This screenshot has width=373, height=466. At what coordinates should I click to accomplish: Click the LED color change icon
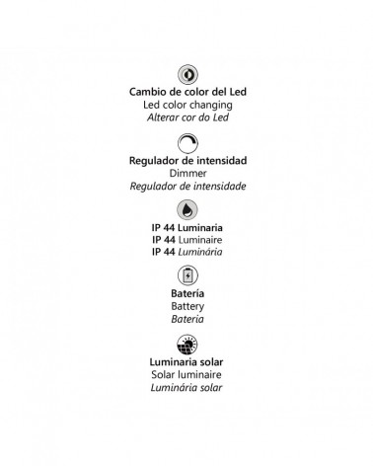click(x=186, y=75)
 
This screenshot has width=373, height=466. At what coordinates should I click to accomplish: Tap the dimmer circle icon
click(x=186, y=142)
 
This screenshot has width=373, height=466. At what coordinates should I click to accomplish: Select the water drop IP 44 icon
click(x=186, y=209)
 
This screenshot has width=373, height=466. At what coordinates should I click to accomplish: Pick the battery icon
click(x=186, y=275)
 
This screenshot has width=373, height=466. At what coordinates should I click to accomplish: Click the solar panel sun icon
click(x=186, y=344)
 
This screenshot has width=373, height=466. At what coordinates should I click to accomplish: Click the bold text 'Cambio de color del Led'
click(x=186, y=92)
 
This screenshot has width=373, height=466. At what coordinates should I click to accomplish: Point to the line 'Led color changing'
click(x=186, y=105)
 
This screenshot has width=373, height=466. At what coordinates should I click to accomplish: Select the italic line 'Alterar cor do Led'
click(x=186, y=117)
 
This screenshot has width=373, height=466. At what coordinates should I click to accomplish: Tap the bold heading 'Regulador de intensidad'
click(x=186, y=160)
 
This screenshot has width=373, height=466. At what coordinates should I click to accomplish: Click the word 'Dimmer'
click(x=186, y=173)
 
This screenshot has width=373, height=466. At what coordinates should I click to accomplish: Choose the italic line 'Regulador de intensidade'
click(x=186, y=186)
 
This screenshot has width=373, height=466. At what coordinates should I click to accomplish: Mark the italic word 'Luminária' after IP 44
click(x=200, y=253)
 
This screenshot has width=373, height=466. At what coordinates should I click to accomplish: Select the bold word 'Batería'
click(x=186, y=294)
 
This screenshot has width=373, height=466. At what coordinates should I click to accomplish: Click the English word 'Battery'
click(x=186, y=307)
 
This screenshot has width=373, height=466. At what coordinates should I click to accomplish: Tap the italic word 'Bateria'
click(x=186, y=320)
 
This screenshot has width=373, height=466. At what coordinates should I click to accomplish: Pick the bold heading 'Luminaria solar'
click(x=186, y=361)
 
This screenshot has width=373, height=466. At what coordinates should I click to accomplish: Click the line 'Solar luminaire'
click(x=186, y=374)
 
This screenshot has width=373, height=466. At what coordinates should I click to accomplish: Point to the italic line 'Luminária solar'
click(x=186, y=387)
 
